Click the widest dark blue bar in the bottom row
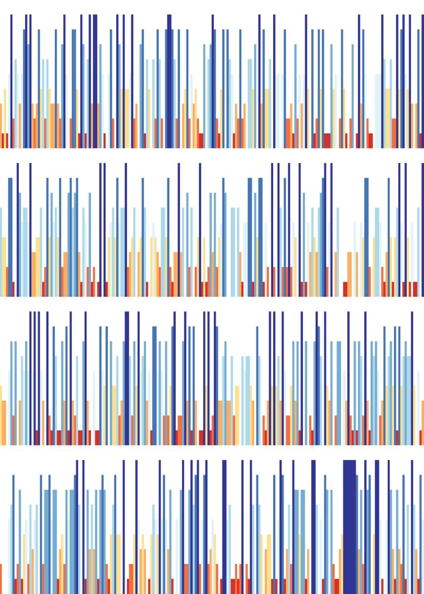(x=349, y=525)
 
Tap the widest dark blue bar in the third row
(x=127, y=376)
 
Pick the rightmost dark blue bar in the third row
(x=412, y=376)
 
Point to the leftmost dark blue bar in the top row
(x=11, y=79)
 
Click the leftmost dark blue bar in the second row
(x=18, y=228)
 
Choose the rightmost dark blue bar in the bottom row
(x=413, y=525)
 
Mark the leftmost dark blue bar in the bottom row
(x=77, y=525)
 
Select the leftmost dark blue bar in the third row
(x=30, y=376)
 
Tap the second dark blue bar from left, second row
(x=30, y=228)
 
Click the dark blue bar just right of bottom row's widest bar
(x=366, y=525)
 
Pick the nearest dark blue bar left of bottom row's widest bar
(x=313, y=525)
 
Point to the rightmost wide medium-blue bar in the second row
(x=367, y=238)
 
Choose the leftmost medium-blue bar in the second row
(x=10, y=238)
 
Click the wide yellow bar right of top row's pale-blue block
(x=387, y=119)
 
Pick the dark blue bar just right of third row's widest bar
(x=139, y=376)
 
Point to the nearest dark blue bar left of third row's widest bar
(x=85, y=376)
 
